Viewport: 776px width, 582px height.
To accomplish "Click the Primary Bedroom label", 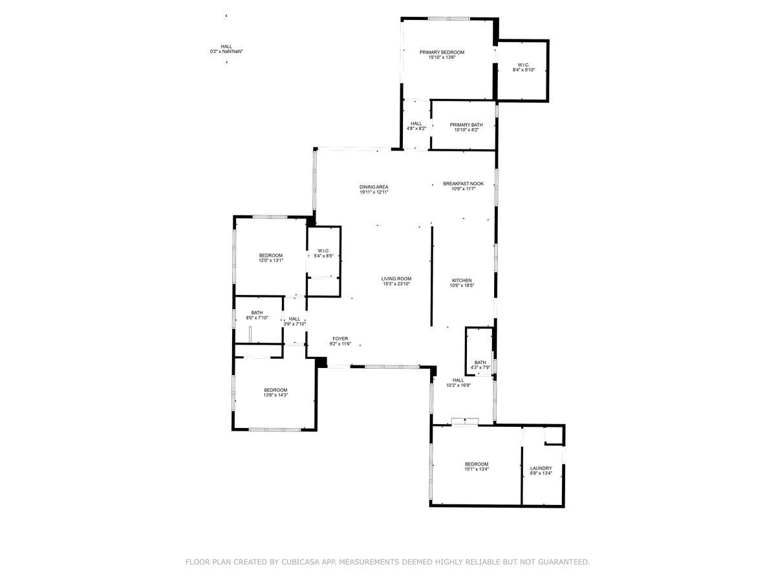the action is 442,54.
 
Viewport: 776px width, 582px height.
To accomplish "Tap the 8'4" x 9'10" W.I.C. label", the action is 524,67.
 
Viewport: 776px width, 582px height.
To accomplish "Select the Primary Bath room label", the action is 466,127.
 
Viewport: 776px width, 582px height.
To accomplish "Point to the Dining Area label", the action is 374,189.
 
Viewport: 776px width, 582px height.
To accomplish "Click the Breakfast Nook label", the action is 463,186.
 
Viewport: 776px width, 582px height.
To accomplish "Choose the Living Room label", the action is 396,281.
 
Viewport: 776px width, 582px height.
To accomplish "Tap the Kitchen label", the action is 462,283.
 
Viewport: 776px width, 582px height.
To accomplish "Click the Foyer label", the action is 340,341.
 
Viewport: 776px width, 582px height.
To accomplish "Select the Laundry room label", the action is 541,471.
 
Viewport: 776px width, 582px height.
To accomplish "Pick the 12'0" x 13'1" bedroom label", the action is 271,258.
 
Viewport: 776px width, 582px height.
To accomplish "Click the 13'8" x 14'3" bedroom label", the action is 275,393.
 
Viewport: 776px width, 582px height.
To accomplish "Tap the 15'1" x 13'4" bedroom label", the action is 477,466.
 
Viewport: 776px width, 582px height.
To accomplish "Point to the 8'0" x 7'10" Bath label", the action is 257,315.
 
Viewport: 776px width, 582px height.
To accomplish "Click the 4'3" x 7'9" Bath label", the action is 480,365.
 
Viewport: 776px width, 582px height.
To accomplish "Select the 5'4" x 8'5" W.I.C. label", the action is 324,253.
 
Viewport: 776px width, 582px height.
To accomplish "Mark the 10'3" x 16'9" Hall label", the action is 458,383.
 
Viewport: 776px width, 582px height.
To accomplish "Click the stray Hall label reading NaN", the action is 226,48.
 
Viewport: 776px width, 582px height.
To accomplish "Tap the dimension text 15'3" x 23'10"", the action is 396,283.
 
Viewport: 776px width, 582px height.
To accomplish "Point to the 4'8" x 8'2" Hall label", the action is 416,126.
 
